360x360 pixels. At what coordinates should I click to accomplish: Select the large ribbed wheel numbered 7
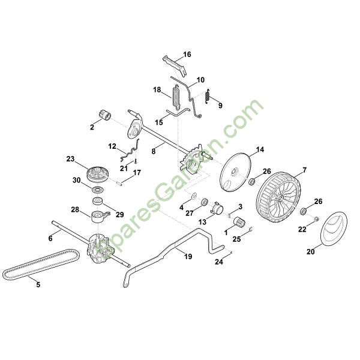click(x=278, y=197)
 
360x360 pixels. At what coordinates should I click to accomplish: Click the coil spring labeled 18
click(x=176, y=97)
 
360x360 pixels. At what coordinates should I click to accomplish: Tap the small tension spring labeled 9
click(x=208, y=96)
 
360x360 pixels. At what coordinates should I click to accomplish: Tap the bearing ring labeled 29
click(x=98, y=201)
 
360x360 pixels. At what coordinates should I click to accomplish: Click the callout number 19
click(x=188, y=256)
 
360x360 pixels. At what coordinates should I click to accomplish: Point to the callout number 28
click(x=75, y=209)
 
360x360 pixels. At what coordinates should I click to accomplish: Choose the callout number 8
click(x=154, y=151)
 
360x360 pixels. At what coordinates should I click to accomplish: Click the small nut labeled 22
click(x=316, y=218)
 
